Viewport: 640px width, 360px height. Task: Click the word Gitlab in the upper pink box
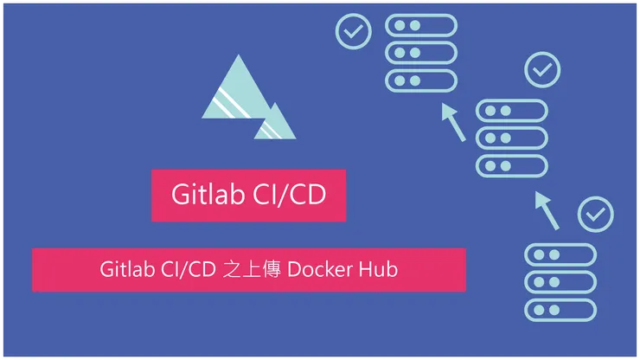[x=208, y=194]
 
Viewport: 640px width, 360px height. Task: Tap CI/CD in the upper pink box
[x=290, y=195]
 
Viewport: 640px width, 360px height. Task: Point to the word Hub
[x=378, y=269]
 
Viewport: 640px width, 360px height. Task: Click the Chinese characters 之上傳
[x=252, y=270]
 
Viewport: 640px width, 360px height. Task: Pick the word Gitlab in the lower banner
[x=127, y=269]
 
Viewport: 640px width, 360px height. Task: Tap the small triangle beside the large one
[x=275, y=123]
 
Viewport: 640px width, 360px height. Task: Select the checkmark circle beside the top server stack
[x=354, y=31]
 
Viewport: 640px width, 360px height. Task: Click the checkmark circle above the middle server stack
[x=542, y=69]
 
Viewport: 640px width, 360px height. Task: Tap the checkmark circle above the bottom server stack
[x=596, y=214]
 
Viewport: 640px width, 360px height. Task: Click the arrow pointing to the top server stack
[x=453, y=122]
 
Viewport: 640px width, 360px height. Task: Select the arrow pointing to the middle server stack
[x=547, y=210]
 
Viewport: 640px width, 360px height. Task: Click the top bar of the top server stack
[x=421, y=25]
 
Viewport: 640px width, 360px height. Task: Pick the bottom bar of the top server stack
[x=421, y=80]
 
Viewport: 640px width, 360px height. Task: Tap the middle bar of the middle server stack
[x=512, y=138]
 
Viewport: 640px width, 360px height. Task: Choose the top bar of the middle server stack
[x=512, y=110]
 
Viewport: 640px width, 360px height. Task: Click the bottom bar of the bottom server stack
[x=560, y=310]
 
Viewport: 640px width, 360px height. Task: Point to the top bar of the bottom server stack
[x=560, y=254]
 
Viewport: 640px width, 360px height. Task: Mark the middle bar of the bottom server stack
[x=560, y=282]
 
